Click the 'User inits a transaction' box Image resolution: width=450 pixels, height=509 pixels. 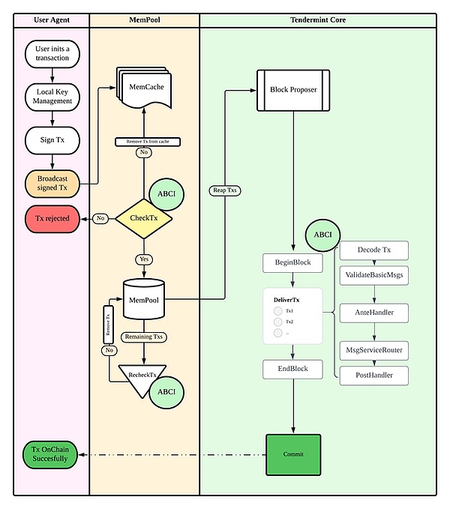pyautogui.click(x=52, y=55)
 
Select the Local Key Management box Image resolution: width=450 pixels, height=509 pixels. pyautogui.click(x=52, y=96)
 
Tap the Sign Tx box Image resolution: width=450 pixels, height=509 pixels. pyautogui.click(x=52, y=139)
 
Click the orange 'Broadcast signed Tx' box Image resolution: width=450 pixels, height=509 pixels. pyautogui.click(x=52, y=182)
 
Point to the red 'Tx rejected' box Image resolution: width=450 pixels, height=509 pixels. pyautogui.click(x=52, y=219)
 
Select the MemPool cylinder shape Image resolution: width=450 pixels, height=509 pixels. pyautogui.click(x=144, y=300)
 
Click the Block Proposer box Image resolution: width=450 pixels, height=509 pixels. pyautogui.click(x=293, y=90)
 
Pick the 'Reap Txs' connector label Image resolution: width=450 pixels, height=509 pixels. pyautogui.click(x=223, y=190)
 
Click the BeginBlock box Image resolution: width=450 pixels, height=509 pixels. pyautogui.click(x=292, y=263)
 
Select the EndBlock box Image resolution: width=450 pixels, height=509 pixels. pyautogui.click(x=292, y=369)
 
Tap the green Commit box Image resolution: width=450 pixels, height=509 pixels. pyautogui.click(x=293, y=454)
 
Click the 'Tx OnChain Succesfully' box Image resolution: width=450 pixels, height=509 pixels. pyautogui.click(x=49, y=454)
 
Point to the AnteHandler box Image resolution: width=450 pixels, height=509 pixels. pyautogui.click(x=374, y=311)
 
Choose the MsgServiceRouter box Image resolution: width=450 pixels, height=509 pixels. pyautogui.click(x=374, y=350)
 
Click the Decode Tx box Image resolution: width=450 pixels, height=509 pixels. pyautogui.click(x=374, y=250)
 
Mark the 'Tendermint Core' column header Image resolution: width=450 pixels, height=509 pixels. pyautogui.click(x=318, y=19)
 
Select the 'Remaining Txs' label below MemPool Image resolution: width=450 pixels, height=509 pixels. pyautogui.click(x=144, y=337)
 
